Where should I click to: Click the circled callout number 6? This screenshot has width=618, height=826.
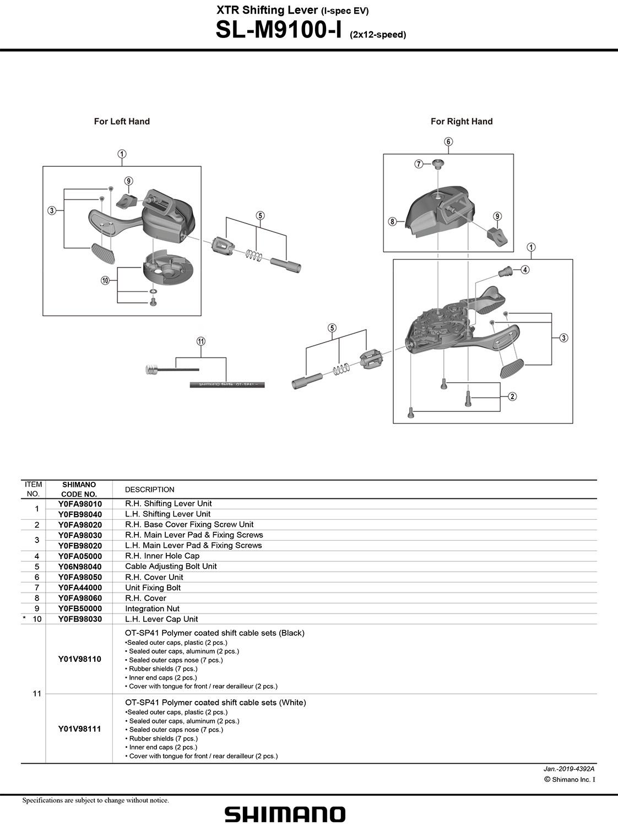coord(448,142)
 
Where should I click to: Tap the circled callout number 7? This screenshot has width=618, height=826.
coord(419,164)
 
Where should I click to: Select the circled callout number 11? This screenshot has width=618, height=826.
coord(201,341)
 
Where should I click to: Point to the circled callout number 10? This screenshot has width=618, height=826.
coord(105,280)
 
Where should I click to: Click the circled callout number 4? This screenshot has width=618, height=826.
coord(525,269)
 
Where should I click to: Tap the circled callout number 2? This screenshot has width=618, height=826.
coord(512,396)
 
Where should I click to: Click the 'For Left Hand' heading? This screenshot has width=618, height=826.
coord(122,121)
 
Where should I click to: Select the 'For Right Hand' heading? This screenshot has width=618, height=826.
coord(462,121)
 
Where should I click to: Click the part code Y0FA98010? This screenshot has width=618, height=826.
coord(80,504)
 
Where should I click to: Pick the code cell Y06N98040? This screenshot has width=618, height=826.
coord(80,567)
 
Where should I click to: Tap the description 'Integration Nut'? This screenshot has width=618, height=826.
coord(152,608)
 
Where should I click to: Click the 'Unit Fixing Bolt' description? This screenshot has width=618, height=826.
coord(153,588)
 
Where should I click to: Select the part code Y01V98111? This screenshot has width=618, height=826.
coord(79,729)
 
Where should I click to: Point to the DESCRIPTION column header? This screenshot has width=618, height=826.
coord(149,490)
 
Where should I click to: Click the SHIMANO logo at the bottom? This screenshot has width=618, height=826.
coord(285,814)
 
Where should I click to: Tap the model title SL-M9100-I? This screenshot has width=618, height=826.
coord(279,30)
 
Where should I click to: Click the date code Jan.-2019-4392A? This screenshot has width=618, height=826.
coord(568,769)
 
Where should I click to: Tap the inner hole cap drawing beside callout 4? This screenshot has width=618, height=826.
coord(506,271)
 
